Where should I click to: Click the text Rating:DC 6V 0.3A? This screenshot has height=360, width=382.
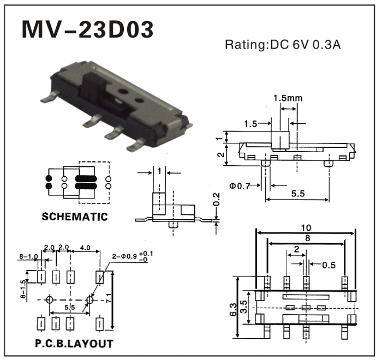283,45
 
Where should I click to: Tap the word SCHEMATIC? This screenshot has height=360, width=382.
75,217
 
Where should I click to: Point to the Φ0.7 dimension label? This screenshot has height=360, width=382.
240,186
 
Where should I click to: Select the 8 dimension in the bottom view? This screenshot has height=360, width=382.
307,238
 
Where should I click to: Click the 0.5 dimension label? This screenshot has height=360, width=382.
329,266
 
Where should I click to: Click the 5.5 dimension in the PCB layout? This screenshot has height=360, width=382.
69,308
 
